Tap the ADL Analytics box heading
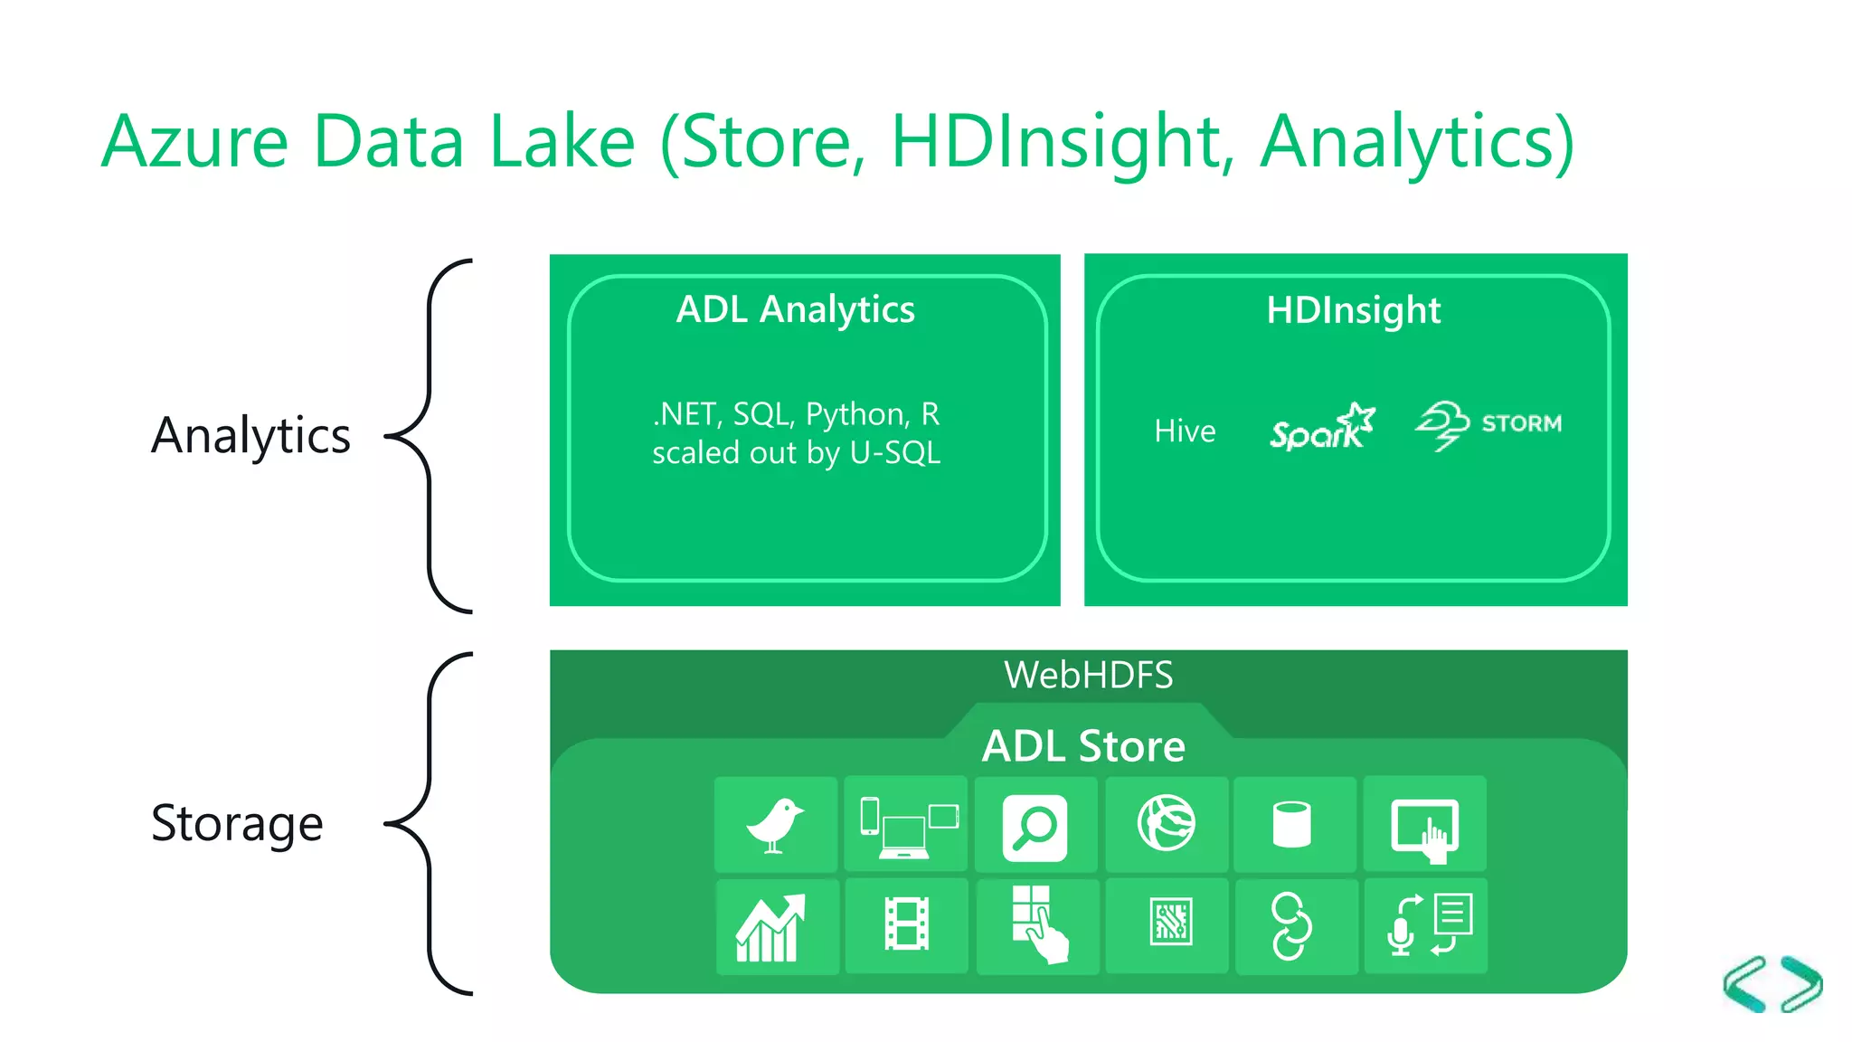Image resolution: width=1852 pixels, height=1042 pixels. coord(796,310)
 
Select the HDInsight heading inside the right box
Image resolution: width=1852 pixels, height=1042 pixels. coord(1353,310)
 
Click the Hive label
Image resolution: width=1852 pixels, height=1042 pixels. coord(1185,431)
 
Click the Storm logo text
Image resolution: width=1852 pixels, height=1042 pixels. coord(1521,423)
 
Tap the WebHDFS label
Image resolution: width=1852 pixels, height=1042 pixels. coord(1088,676)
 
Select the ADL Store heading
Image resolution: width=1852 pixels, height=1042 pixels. coord(1083,747)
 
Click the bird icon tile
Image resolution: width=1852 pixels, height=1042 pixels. coord(775,825)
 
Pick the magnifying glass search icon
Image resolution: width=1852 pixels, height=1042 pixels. coord(1035,827)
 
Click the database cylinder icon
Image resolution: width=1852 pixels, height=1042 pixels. coord(1291,825)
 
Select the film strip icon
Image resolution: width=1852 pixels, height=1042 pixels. coord(906,924)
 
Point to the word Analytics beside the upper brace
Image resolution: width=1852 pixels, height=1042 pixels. coord(250,436)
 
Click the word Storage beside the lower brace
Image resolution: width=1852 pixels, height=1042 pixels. coord(237,824)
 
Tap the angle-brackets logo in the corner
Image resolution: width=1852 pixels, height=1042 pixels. coord(1772,984)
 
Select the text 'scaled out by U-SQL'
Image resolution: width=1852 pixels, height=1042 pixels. coord(796,453)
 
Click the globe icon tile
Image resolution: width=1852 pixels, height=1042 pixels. coord(1166,823)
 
